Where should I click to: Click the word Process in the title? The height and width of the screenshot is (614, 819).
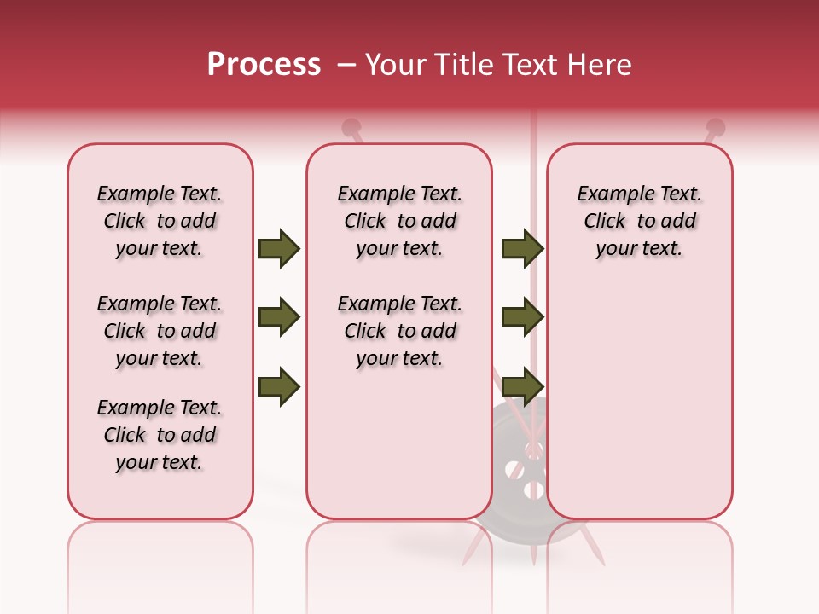click(x=264, y=65)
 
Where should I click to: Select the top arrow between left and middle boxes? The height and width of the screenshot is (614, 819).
click(x=279, y=248)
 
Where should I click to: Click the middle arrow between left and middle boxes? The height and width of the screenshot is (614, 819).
click(x=279, y=318)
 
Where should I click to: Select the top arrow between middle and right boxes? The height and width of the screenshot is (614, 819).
click(x=522, y=248)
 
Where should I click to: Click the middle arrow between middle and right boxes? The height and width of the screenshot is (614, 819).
click(x=522, y=318)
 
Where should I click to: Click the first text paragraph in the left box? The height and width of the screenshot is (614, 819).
click(x=160, y=221)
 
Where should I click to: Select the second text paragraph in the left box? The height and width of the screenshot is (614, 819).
click(x=160, y=331)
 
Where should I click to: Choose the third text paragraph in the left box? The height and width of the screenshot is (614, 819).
click(x=160, y=435)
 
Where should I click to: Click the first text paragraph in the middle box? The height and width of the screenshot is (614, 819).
click(x=399, y=221)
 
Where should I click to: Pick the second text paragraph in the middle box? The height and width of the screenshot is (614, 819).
click(x=399, y=331)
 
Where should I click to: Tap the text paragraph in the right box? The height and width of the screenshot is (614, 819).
click(x=640, y=221)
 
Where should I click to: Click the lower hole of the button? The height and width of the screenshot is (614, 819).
click(x=534, y=490)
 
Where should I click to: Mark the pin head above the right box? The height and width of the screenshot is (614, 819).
click(x=716, y=128)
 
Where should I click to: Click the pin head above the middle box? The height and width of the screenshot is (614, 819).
click(x=350, y=128)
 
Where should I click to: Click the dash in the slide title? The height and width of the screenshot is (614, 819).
click(x=346, y=66)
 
